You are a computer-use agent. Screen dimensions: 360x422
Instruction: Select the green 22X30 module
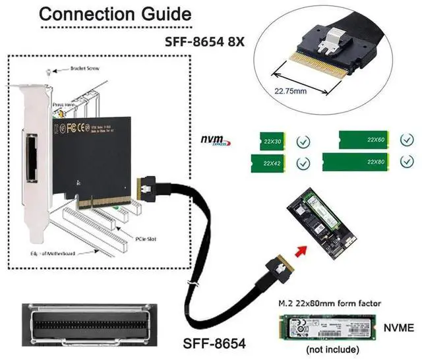272,141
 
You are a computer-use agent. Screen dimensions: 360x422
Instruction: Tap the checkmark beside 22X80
405,162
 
